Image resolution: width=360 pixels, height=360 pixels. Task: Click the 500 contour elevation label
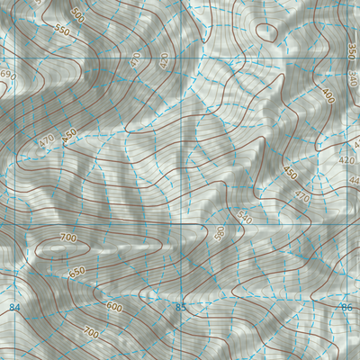[x=77, y=15]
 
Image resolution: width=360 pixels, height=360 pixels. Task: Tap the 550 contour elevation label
[x=61, y=30]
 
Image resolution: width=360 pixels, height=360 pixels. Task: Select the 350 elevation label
[x=350, y=49]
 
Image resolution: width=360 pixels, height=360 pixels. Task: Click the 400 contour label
[x=328, y=94]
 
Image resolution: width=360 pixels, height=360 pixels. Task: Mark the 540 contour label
[x=245, y=216]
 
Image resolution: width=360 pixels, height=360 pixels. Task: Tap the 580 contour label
[x=219, y=233]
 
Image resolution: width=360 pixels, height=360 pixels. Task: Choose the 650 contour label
[x=77, y=272]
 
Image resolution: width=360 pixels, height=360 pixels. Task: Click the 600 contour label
[x=114, y=306]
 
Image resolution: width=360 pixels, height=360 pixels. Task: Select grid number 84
[x=14, y=309]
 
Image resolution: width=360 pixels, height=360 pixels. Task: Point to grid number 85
[x=180, y=309]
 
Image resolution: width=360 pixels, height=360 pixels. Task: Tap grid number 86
[x=346, y=309]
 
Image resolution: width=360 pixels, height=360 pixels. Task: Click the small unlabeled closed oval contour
[x=266, y=31]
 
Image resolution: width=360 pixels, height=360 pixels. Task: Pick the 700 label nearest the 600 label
[x=90, y=334]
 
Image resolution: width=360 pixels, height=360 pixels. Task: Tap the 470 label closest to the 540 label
[x=301, y=196]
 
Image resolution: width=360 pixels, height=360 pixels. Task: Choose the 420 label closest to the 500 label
[x=163, y=61]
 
